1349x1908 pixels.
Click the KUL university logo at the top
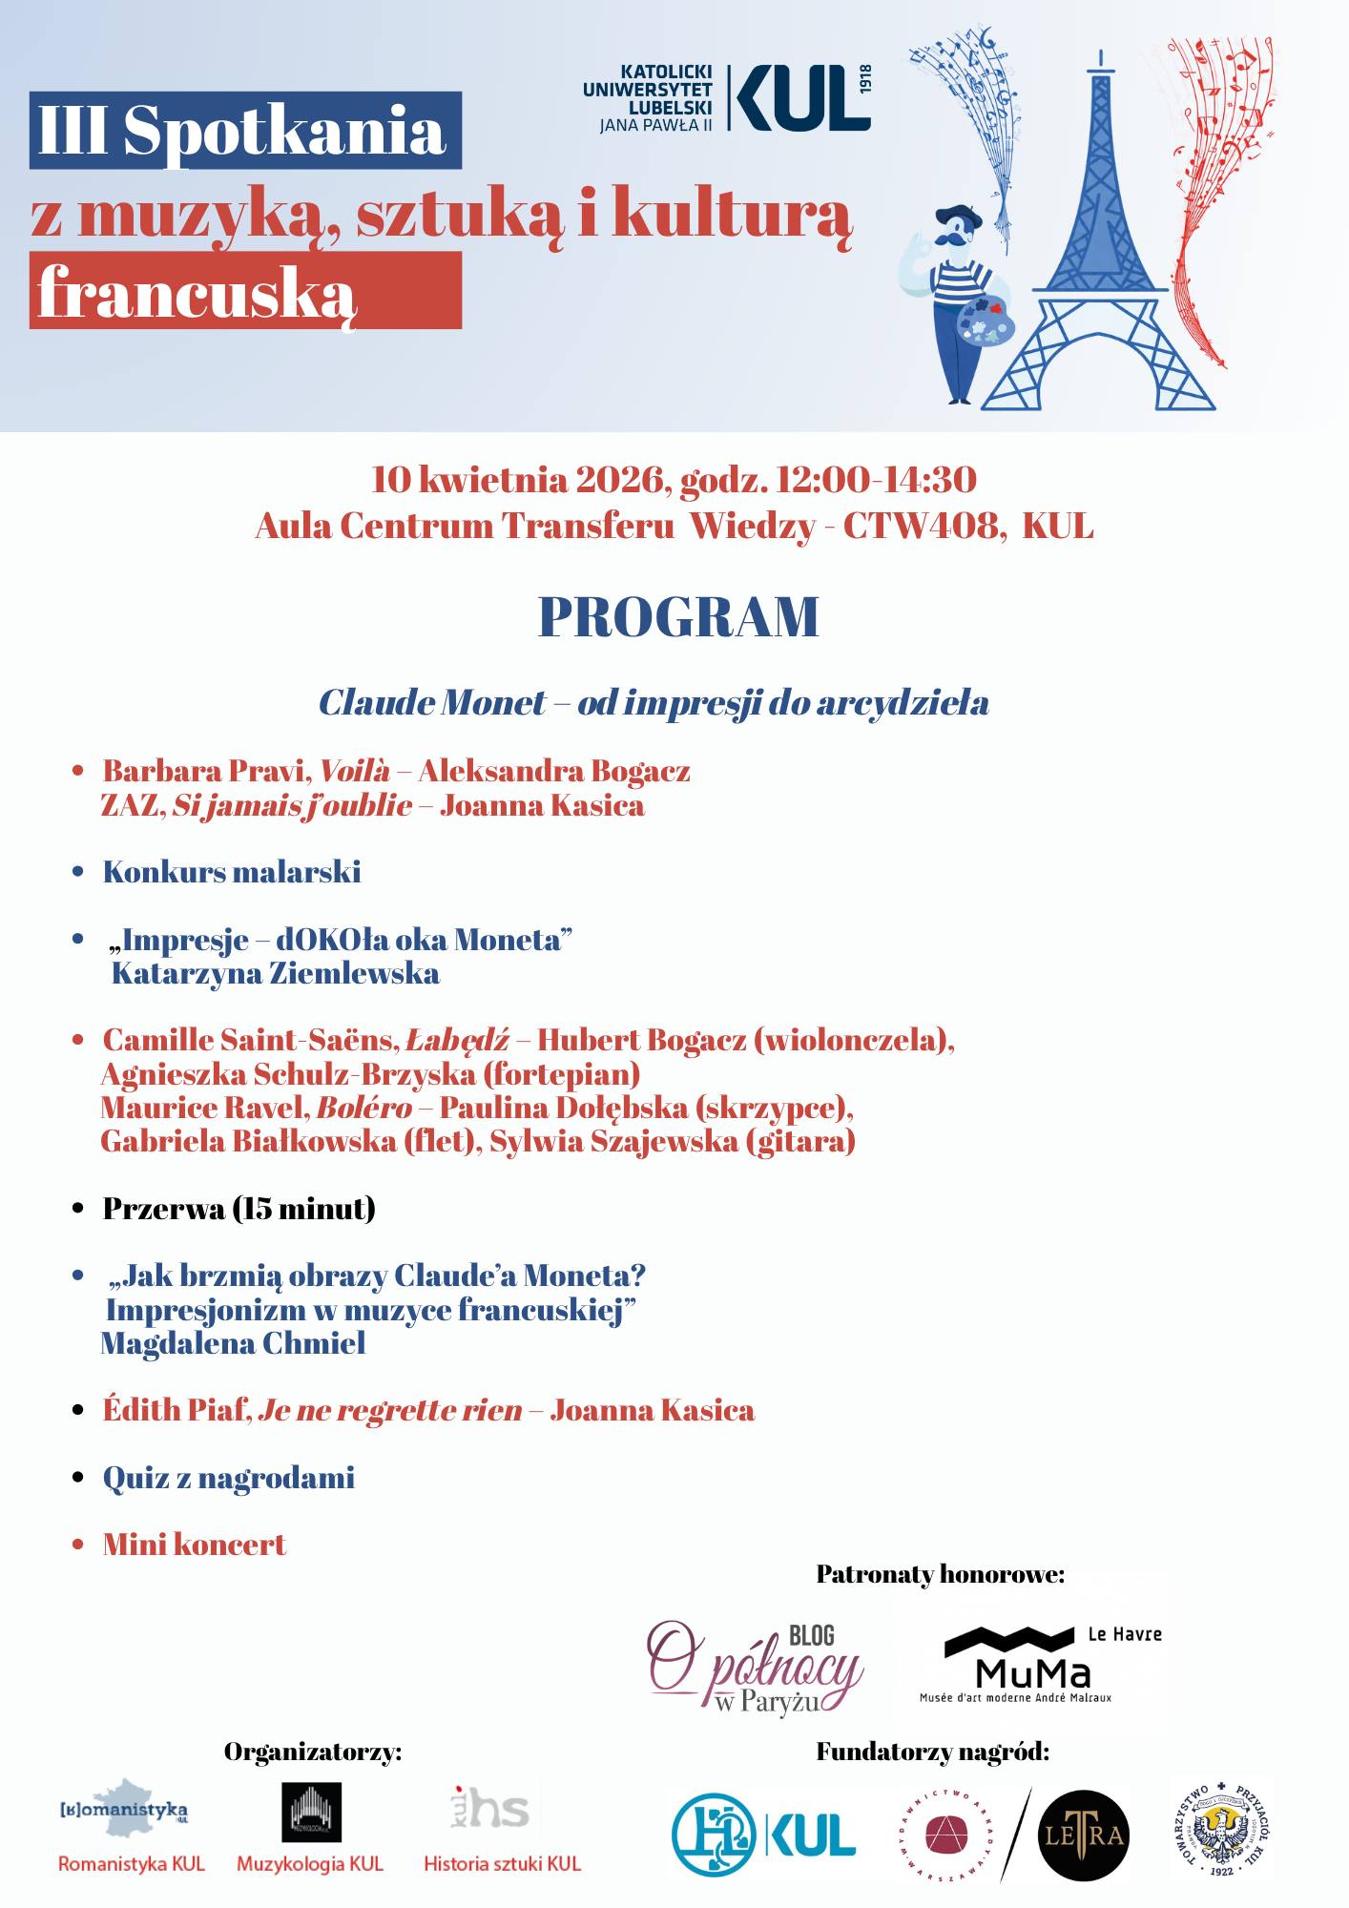[727, 97]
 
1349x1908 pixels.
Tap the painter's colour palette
[983, 321]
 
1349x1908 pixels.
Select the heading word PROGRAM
[678, 617]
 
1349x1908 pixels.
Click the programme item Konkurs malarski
[232, 872]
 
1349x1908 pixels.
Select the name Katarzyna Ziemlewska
[276, 973]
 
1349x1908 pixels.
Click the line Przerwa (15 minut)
[239, 1209]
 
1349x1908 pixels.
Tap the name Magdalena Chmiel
[233, 1343]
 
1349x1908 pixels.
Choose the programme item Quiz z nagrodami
[229, 1478]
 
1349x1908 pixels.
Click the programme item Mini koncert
[195, 1545]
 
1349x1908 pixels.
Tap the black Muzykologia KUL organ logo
[311, 1812]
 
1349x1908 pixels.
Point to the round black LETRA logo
[1083, 1835]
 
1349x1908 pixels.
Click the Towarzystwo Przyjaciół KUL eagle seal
[1222, 1835]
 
